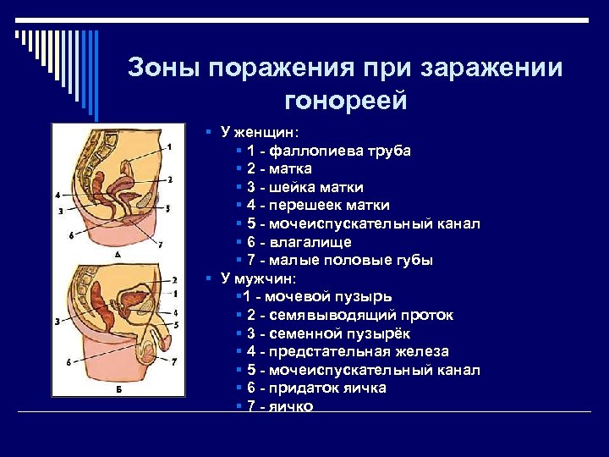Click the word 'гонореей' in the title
(x=346, y=102)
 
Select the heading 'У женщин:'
(x=253, y=132)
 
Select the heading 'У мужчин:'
(x=253, y=278)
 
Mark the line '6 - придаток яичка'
(x=316, y=388)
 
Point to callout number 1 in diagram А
(x=169, y=147)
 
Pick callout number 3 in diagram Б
(x=57, y=322)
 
